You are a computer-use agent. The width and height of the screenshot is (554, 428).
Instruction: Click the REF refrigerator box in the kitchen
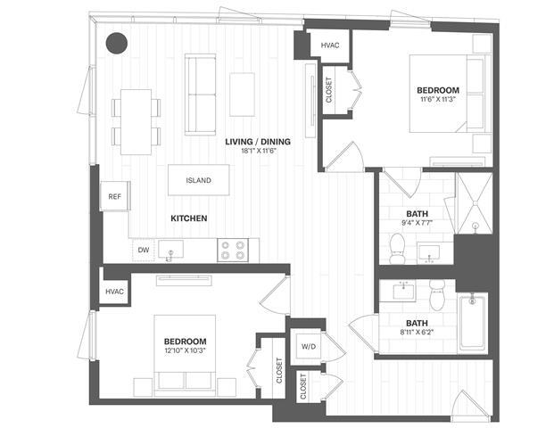click(x=114, y=196)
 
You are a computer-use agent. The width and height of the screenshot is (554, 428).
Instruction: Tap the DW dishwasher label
click(x=143, y=251)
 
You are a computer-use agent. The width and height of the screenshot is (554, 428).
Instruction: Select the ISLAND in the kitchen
click(x=198, y=181)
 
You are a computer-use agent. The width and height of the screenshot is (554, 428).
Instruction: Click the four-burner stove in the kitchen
click(x=233, y=251)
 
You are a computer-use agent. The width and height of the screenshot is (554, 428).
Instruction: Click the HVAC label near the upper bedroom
click(x=329, y=45)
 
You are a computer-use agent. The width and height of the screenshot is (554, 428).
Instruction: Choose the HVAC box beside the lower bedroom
click(x=114, y=292)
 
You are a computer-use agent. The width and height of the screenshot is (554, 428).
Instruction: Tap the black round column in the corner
click(x=116, y=42)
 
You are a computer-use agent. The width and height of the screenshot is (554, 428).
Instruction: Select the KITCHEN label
click(x=189, y=218)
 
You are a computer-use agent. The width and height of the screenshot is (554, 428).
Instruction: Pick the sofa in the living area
click(x=201, y=83)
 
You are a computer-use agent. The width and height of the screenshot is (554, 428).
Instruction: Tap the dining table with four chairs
click(x=136, y=120)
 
